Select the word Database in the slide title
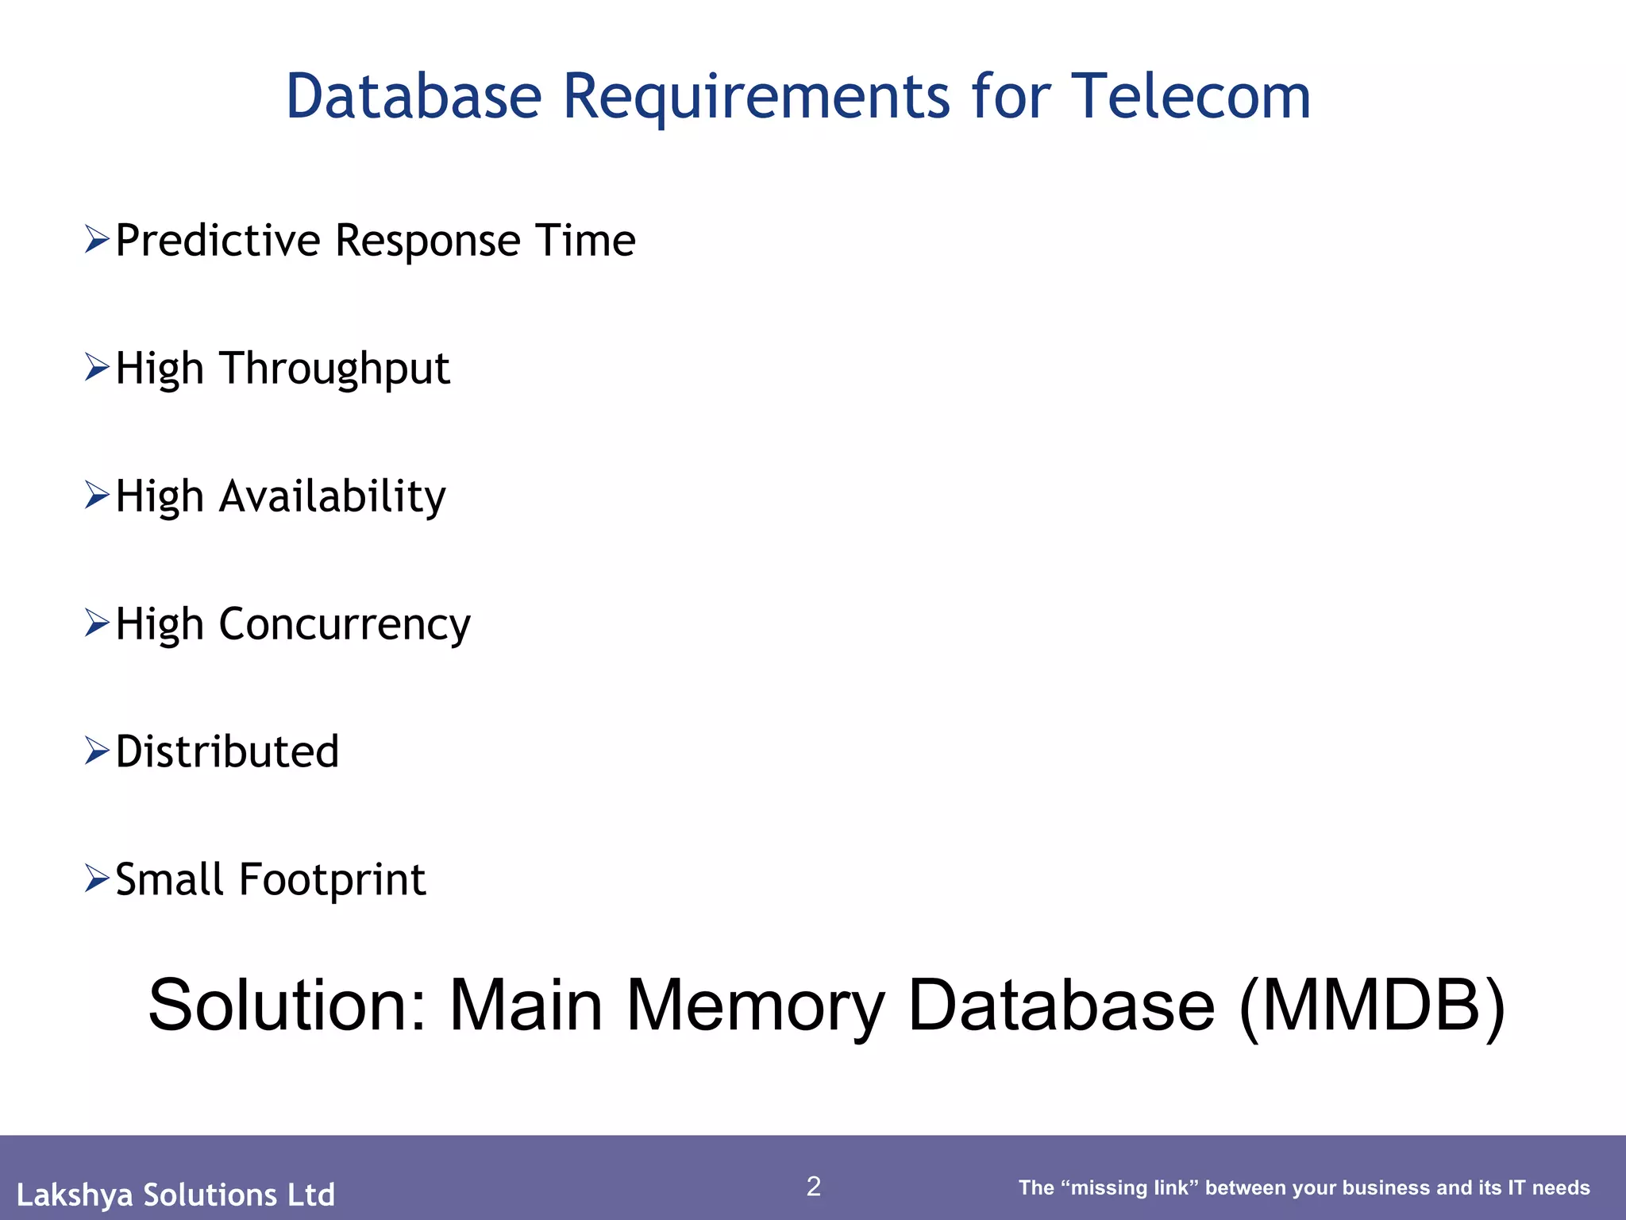(413, 97)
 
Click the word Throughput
(334, 369)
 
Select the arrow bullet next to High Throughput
(96, 367)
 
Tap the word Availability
(332, 497)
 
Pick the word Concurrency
(344, 625)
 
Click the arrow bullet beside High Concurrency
(96, 623)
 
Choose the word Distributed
(227, 751)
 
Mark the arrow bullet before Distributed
(96, 751)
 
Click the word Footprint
(332, 880)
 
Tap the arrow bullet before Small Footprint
(96, 878)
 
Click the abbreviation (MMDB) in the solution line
(1371, 1006)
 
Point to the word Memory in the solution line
(754, 1007)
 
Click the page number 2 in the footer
(813, 1186)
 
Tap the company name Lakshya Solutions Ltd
(175, 1195)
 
